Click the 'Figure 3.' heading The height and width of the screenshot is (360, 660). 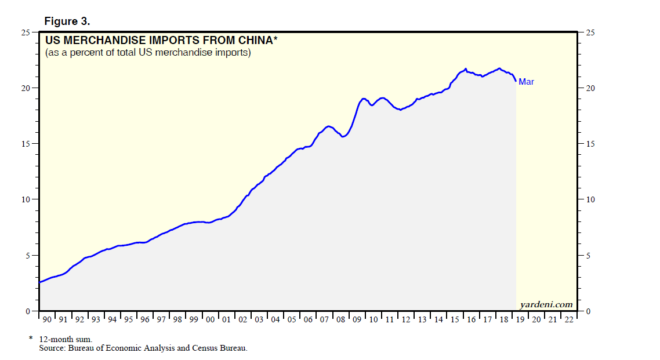[x=67, y=21]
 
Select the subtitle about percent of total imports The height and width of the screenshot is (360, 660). [x=148, y=53]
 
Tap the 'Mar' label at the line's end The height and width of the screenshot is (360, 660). [x=526, y=82]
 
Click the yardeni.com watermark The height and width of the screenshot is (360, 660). [x=546, y=304]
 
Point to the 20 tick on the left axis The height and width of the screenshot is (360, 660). [x=26, y=88]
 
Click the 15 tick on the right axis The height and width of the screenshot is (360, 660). [x=590, y=144]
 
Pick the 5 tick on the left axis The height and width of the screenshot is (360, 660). [x=28, y=256]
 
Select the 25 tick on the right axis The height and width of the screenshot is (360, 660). [x=590, y=32]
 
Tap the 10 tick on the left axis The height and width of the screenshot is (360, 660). [x=26, y=199]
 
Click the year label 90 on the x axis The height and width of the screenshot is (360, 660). [x=46, y=319]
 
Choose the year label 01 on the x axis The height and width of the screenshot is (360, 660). [x=227, y=319]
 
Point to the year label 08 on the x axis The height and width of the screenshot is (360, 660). [x=341, y=319]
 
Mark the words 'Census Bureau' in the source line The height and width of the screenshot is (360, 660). [x=222, y=348]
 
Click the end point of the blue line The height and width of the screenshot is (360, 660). [x=516, y=81]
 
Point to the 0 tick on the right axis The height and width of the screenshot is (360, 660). [x=588, y=311]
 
